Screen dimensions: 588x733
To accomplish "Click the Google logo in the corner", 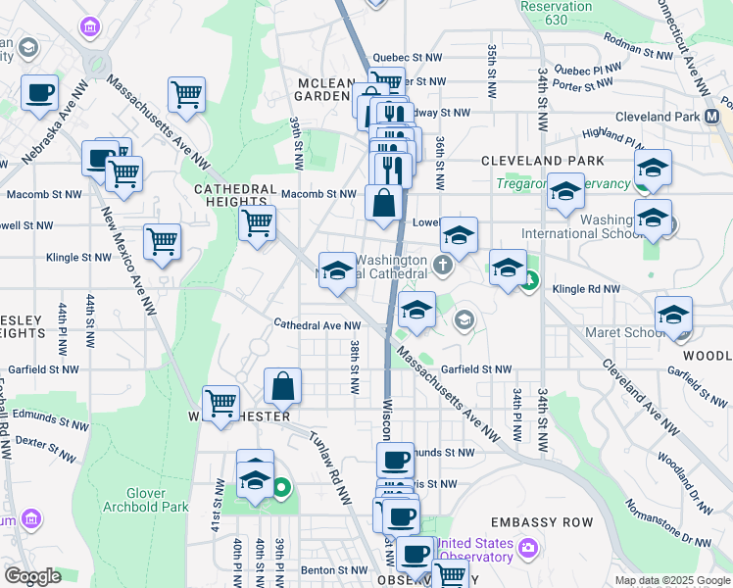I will click(x=32, y=576).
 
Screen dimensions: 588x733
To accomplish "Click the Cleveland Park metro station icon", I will click(x=730, y=116).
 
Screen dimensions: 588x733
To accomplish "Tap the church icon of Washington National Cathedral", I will click(x=443, y=265).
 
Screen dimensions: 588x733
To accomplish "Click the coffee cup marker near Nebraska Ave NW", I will click(x=40, y=93).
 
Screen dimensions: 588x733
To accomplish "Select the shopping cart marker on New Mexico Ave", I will click(x=162, y=241).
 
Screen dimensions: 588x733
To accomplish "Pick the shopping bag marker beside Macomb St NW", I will click(x=383, y=204).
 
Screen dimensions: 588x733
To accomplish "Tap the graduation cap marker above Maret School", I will click(x=673, y=315).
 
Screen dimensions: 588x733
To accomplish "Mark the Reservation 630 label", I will click(x=558, y=13).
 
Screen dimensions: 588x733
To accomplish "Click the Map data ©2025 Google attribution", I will click(x=672, y=580).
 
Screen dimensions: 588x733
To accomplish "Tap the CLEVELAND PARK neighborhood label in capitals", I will click(x=536, y=160).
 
